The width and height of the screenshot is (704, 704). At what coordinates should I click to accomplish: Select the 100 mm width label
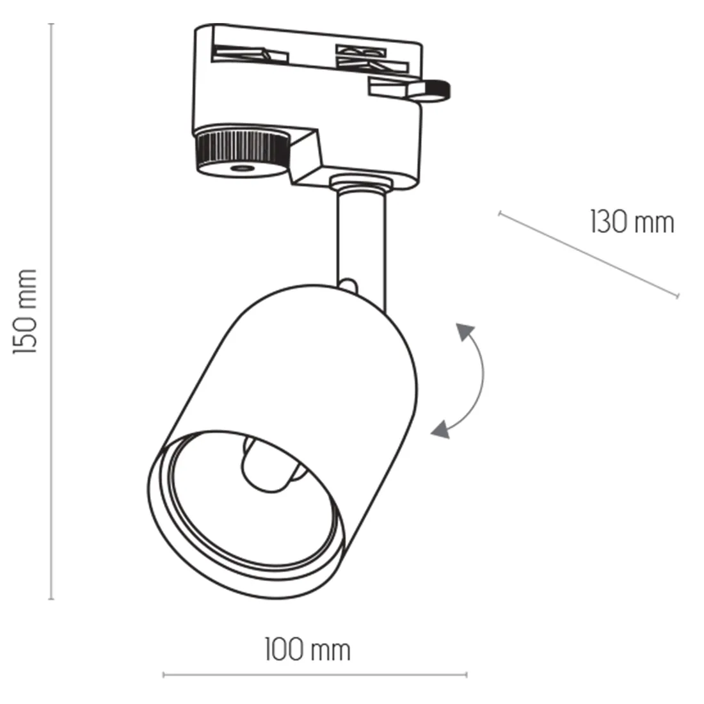click(308, 650)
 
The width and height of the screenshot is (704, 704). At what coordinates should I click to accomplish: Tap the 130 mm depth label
click(632, 223)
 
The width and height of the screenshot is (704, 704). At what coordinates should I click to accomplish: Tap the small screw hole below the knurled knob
click(241, 168)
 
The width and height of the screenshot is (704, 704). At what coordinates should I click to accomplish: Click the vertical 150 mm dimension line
click(52, 311)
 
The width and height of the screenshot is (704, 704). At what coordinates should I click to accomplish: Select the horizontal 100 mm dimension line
click(315, 674)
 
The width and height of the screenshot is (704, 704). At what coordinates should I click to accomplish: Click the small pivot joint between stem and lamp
click(349, 282)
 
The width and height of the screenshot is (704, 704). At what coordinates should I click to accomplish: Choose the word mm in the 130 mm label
click(654, 223)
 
